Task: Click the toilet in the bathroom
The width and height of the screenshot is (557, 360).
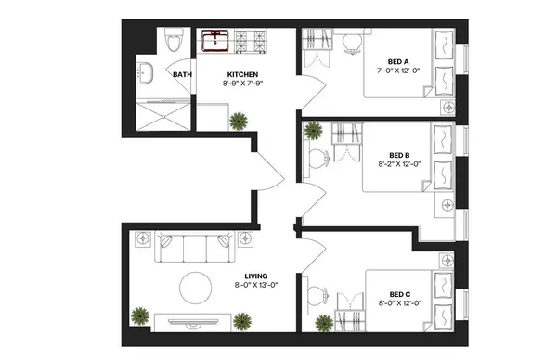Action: tap(169, 41)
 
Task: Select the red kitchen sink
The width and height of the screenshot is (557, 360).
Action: tap(215, 41)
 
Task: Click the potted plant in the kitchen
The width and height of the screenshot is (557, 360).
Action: tap(239, 120)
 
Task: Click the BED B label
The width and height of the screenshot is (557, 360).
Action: tap(399, 154)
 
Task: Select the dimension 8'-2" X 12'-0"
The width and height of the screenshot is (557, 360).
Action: tap(399, 164)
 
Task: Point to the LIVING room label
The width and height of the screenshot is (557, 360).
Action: tap(255, 276)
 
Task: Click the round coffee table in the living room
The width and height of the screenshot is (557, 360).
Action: tap(196, 287)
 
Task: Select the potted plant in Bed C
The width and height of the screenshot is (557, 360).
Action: tap(324, 323)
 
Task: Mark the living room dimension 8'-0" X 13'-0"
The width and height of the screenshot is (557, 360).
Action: tap(255, 286)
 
